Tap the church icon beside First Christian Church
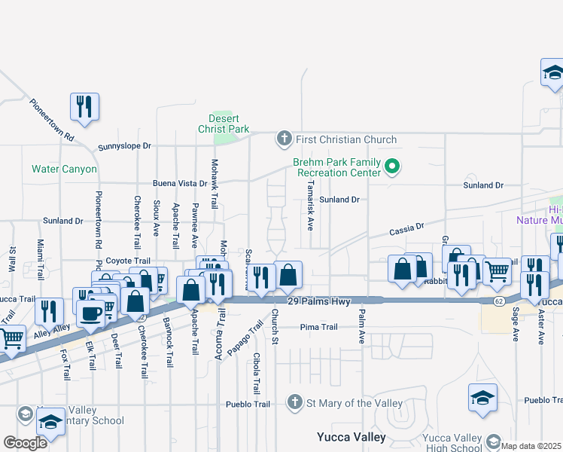click(284, 139)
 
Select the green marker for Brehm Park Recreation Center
click(391, 166)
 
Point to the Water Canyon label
click(64, 169)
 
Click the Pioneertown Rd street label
click(52, 120)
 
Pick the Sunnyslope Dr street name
click(124, 146)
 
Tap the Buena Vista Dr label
click(180, 183)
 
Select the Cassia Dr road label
click(406, 227)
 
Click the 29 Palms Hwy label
click(319, 301)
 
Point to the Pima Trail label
click(318, 327)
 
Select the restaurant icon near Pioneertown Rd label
click(84, 106)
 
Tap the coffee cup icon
click(91, 313)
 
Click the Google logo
click(25, 443)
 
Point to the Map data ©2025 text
click(531, 446)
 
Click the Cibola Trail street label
click(257, 374)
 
